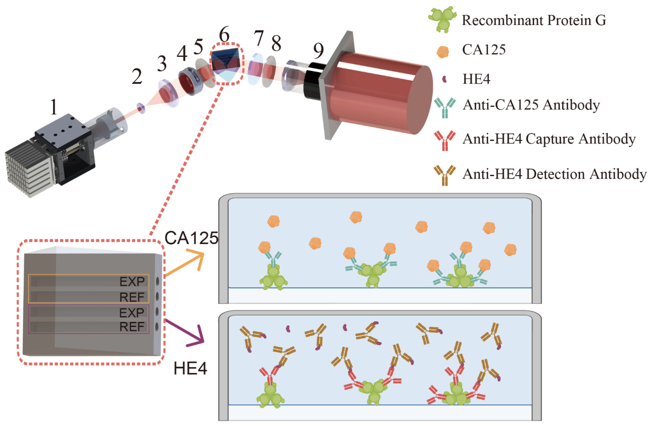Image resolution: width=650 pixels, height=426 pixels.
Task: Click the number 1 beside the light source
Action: tap(54, 107)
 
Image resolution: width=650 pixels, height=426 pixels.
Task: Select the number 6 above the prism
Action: tap(224, 35)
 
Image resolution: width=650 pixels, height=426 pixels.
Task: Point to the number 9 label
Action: tap(318, 51)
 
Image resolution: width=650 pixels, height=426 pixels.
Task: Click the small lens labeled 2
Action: tap(141, 108)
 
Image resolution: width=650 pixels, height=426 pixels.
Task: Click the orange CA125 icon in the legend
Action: tap(443, 52)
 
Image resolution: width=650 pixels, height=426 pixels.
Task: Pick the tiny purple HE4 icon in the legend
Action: tap(444, 79)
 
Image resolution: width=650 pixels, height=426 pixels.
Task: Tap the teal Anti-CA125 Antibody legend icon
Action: tap(445, 107)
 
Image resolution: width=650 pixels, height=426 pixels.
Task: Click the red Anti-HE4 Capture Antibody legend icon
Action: tap(445, 140)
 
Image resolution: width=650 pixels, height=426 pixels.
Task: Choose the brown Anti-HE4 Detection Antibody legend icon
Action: tap(445, 175)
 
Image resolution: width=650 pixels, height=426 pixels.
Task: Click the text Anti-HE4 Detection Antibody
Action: tap(554, 174)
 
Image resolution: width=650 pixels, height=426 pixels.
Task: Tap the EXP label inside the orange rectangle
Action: tap(132, 281)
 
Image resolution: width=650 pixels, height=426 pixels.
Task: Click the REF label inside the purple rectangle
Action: tap(132, 327)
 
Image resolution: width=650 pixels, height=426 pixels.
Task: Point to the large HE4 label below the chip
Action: tap(190, 368)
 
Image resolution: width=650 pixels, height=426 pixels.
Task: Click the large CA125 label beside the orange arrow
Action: tap(191, 238)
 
